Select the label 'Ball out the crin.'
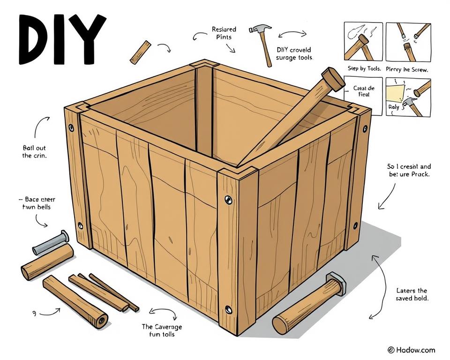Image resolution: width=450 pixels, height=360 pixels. coord(34,151)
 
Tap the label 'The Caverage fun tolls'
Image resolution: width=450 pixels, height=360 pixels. coord(162,330)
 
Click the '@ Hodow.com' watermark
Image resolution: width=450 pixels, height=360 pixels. coord(411,350)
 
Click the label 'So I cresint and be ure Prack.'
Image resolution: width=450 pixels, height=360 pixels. coord(409,170)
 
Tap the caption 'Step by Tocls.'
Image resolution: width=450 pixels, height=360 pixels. coord(364,68)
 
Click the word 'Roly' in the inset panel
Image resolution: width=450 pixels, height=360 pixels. coord(394,107)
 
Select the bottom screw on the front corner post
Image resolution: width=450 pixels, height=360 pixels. coord(229,309)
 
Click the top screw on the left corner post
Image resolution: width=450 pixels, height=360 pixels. coord(71,127)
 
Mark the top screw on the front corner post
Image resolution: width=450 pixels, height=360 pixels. coord(228,200)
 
